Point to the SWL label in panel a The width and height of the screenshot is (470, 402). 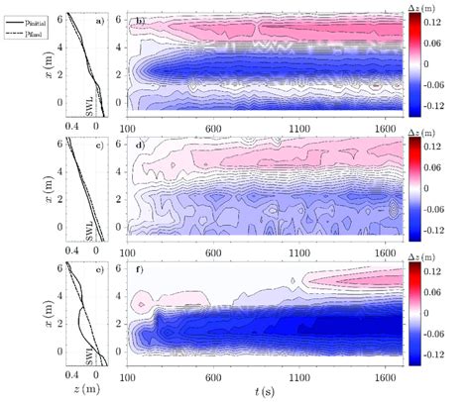click(x=88, y=100)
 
